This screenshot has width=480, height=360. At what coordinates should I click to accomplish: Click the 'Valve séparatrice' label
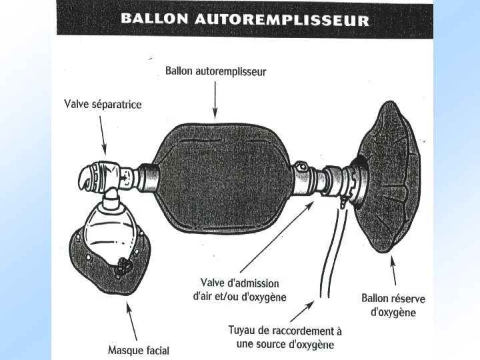point(103,104)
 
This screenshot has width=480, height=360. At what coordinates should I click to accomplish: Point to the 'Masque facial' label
point(139,349)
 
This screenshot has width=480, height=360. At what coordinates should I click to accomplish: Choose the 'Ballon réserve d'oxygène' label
point(393,305)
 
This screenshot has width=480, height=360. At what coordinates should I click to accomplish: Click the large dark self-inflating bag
point(220,180)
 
